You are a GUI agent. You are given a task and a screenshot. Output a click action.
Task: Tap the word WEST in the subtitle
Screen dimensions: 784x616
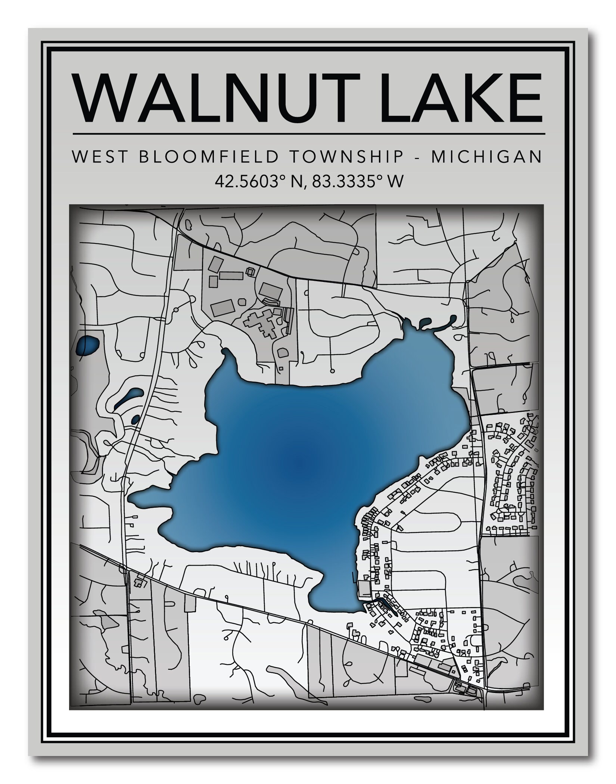pos(99,157)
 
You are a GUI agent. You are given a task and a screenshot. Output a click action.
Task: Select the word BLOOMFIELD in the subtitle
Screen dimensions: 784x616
pos(209,157)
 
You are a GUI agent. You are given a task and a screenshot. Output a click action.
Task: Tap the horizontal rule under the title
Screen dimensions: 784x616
pos(309,133)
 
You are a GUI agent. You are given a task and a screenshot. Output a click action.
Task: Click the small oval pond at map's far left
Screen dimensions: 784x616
pos(87,345)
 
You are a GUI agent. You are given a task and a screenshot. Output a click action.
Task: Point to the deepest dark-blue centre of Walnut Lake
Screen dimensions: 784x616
pos(299,467)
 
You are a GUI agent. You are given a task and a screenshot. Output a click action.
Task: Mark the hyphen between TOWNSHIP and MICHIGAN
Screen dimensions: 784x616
pos(418,158)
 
